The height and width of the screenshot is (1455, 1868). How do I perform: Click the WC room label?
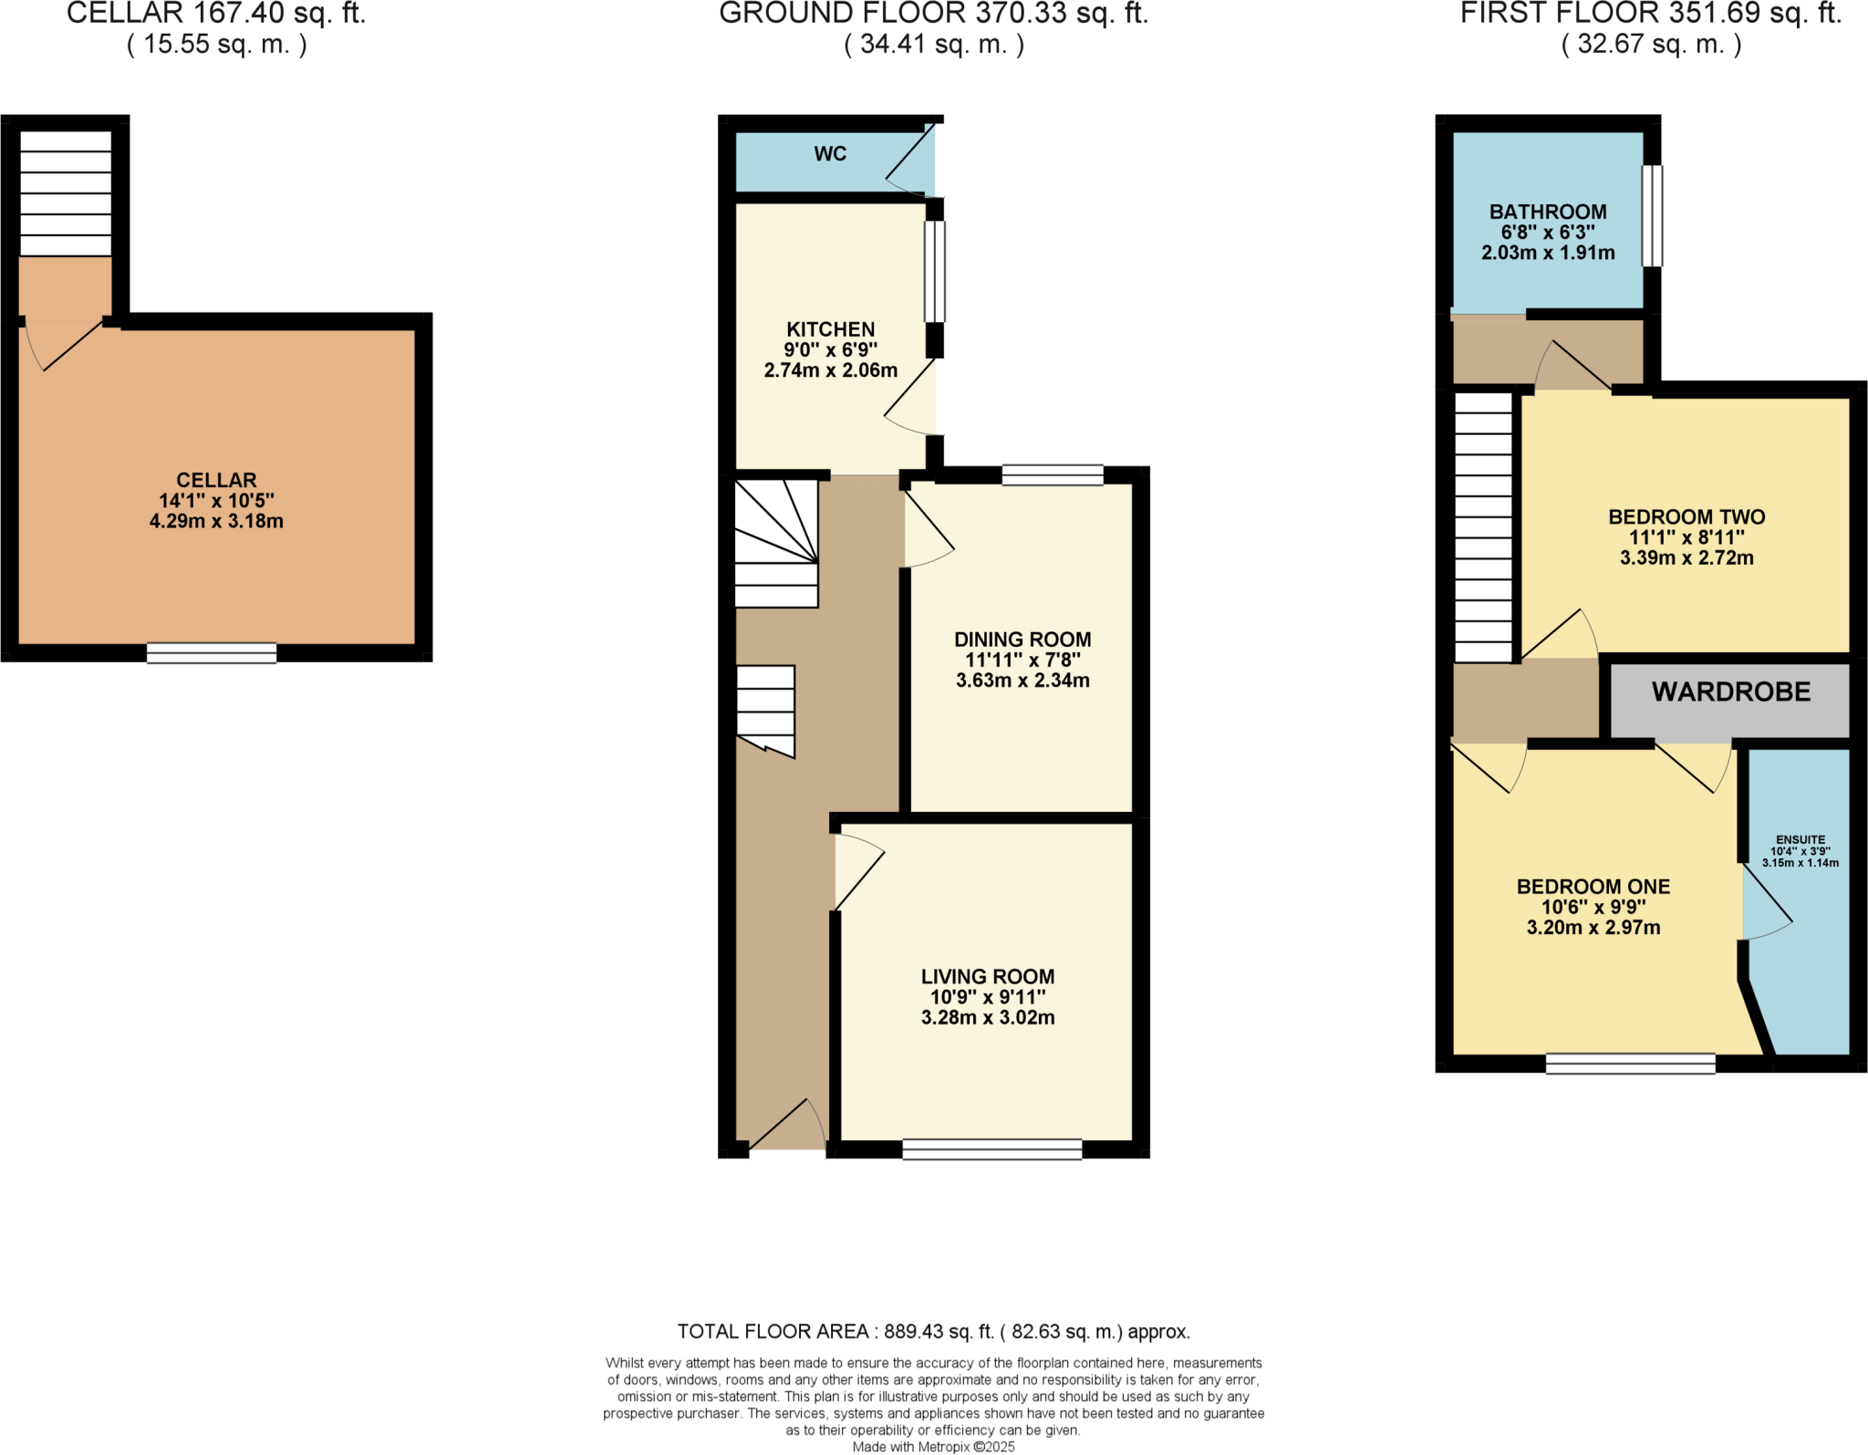[x=830, y=154]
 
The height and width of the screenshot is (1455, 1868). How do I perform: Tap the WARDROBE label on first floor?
[x=1730, y=692]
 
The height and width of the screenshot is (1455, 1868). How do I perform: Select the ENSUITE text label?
[x=1800, y=839]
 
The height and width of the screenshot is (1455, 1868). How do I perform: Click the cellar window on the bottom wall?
[x=212, y=652]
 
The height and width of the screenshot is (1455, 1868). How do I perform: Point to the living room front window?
[x=991, y=1149]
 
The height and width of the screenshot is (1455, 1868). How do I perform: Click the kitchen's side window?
[x=935, y=271]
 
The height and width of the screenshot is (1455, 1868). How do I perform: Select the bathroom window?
[x=1652, y=215]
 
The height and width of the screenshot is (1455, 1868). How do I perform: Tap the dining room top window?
[x=1053, y=474]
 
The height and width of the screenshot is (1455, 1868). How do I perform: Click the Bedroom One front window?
[x=1630, y=1064]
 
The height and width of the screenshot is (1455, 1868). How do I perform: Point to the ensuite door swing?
[x=1766, y=903]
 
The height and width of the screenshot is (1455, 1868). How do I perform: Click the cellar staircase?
[x=66, y=193]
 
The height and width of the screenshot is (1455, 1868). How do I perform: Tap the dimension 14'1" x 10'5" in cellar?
[x=216, y=501]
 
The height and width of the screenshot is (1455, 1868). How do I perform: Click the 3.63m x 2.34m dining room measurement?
[x=1022, y=681]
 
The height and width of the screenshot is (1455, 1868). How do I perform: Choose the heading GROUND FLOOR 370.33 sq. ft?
[x=933, y=14]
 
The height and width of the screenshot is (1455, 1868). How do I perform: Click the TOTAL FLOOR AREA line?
[x=933, y=1332]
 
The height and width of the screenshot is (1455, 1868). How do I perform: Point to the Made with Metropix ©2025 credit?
[x=933, y=1447]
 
